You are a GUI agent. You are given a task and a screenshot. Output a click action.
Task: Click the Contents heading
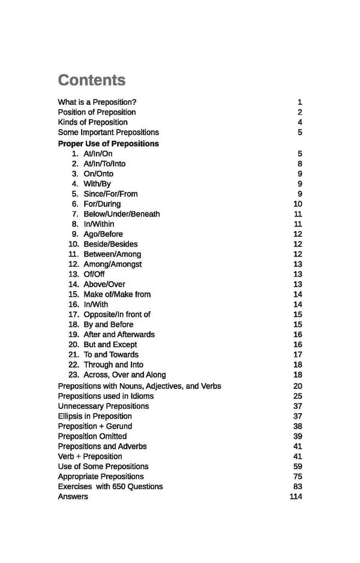(91, 80)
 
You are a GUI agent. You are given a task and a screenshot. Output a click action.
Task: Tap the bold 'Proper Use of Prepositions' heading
(108, 143)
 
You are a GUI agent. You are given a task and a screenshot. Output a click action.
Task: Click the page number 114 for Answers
(295, 496)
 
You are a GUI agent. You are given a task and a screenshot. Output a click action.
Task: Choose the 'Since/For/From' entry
(110, 194)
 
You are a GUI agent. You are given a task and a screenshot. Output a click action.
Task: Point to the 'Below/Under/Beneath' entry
(122, 214)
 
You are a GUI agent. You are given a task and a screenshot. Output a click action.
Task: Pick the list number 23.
(74, 375)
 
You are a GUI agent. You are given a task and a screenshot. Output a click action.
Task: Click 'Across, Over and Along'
(125, 375)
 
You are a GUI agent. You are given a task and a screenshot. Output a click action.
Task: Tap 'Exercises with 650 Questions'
(110, 486)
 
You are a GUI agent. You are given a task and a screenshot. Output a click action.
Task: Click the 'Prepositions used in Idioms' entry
(106, 396)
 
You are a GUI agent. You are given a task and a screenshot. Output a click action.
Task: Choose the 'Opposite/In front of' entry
(117, 314)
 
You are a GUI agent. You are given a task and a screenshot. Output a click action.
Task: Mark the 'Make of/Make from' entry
(117, 294)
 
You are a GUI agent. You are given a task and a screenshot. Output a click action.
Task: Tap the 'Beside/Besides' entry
(110, 244)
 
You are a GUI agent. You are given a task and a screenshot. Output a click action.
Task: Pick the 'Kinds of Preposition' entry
(92, 122)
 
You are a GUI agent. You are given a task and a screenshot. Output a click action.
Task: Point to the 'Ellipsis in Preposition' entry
(95, 416)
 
